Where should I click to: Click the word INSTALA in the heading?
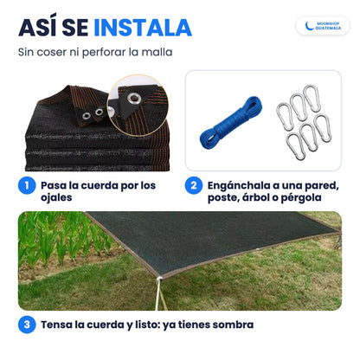tap(143, 28)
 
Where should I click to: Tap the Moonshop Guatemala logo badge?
tap(323, 26)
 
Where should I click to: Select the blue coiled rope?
tap(231, 122)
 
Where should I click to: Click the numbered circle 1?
tap(27, 185)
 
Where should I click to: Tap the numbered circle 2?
tap(194, 185)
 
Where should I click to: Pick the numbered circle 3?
tap(27, 325)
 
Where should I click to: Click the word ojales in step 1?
tap(56, 198)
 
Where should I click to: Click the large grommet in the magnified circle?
tap(134, 99)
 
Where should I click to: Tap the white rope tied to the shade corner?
tap(159, 294)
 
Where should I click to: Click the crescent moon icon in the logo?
tap(309, 26)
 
